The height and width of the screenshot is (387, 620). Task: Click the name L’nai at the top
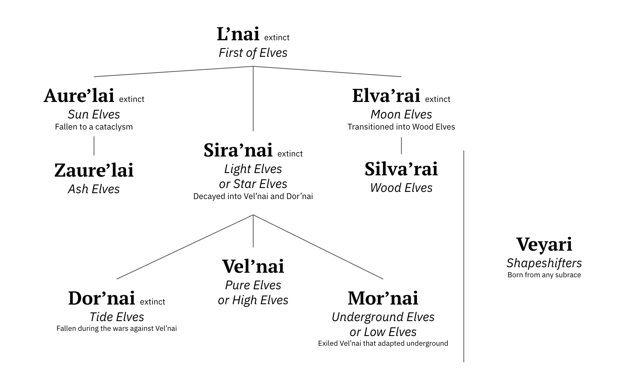(238, 34)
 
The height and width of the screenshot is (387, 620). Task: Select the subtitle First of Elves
(253, 53)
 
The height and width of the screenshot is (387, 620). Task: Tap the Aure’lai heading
(79, 96)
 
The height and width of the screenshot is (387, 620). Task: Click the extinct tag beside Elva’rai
(438, 99)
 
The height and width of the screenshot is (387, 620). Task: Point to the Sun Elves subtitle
(94, 114)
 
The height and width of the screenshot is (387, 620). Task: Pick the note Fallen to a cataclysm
(94, 127)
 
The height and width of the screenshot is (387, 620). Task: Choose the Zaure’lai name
(94, 170)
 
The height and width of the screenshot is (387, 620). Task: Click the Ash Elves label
(94, 189)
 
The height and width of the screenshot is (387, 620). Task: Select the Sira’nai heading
(238, 150)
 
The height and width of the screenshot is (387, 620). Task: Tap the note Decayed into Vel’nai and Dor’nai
(253, 196)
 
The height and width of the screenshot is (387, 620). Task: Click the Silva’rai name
(401, 169)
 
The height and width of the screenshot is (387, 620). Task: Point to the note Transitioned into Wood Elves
(401, 127)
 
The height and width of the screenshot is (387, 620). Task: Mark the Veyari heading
(544, 244)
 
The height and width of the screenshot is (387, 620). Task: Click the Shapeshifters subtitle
(544, 263)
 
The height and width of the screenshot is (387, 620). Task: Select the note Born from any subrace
(544, 275)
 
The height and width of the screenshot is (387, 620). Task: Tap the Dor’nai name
(101, 298)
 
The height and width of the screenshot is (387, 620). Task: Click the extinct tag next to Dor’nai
(152, 302)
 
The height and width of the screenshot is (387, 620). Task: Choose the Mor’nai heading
(383, 298)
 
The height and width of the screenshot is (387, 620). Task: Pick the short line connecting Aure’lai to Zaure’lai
(94, 146)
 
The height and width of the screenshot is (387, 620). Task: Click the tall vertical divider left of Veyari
(464, 256)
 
